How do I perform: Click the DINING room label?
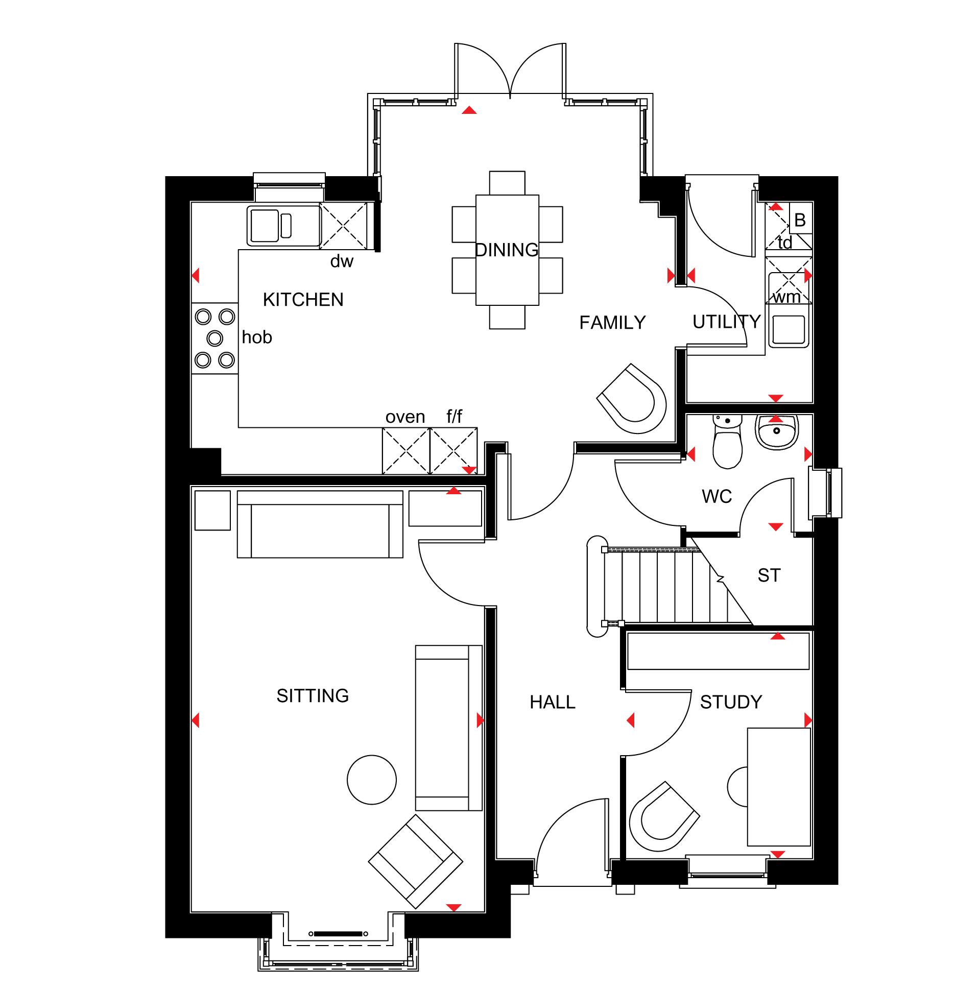[x=507, y=250]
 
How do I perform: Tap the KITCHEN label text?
[x=303, y=300]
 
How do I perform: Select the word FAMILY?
[x=612, y=323]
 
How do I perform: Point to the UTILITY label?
[x=726, y=322]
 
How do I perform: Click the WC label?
[x=717, y=497]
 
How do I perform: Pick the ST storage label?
[x=769, y=575]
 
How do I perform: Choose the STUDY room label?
[x=731, y=702]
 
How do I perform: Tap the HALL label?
[x=553, y=702]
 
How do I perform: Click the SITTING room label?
[x=313, y=696]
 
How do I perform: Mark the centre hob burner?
[x=215, y=338]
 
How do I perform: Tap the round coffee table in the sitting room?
[x=372, y=780]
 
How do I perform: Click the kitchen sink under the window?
[x=283, y=226]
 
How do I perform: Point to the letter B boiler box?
[x=800, y=220]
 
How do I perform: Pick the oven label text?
[x=405, y=417]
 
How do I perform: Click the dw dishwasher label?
[x=342, y=261]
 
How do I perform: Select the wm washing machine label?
[x=787, y=297]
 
